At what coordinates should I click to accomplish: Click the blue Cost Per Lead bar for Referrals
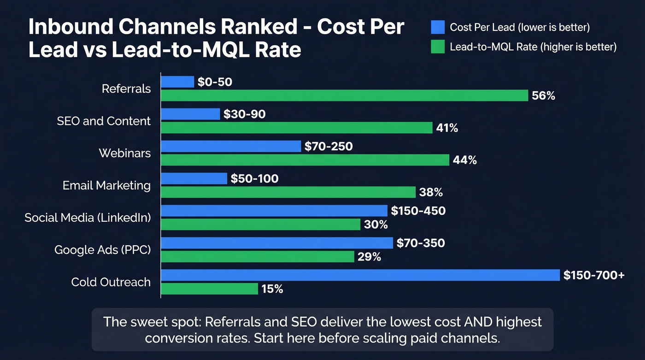pyautogui.click(x=177, y=82)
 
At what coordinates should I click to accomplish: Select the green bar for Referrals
pyautogui.click(x=344, y=95)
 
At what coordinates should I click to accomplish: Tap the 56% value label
pyautogui.click(x=543, y=96)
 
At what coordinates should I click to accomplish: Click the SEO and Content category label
pyautogui.click(x=104, y=121)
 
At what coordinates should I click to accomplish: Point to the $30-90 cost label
pyautogui.click(x=244, y=114)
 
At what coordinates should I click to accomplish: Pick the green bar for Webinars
pyautogui.click(x=305, y=160)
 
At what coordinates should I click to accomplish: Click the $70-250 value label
pyautogui.click(x=328, y=147)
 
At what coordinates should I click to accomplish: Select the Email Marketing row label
pyautogui.click(x=106, y=185)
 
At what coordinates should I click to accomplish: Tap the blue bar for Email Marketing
pyautogui.click(x=194, y=178)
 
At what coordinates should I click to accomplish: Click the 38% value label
pyautogui.click(x=431, y=192)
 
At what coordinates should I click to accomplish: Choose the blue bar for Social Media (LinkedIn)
pyautogui.click(x=274, y=211)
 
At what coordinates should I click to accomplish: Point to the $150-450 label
pyautogui.click(x=418, y=211)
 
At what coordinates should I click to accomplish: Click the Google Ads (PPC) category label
pyautogui.click(x=102, y=250)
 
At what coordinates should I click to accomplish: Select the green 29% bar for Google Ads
pyautogui.click(x=257, y=257)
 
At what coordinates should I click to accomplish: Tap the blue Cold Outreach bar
pyautogui.click(x=360, y=275)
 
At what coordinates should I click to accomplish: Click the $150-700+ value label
pyautogui.click(x=594, y=275)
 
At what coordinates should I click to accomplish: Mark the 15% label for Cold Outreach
pyautogui.click(x=272, y=289)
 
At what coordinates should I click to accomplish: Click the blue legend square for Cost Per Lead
pyautogui.click(x=438, y=27)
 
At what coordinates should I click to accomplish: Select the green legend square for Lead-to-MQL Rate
pyautogui.click(x=438, y=47)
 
